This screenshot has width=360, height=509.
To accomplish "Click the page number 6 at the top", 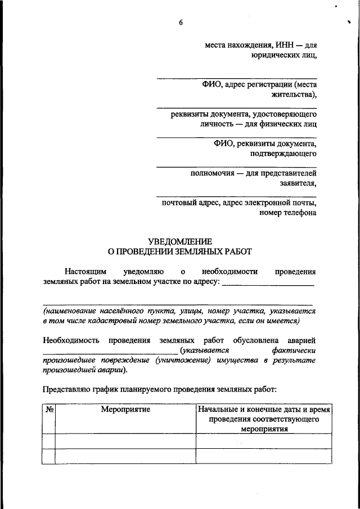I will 181,22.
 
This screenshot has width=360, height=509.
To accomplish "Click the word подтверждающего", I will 283,153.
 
